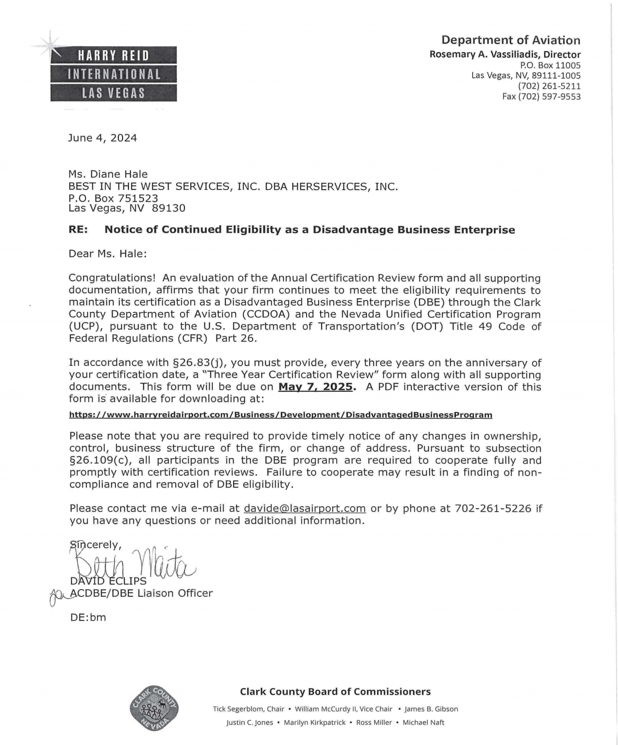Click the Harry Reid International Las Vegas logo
pyautogui.click(x=113, y=74)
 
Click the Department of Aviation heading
pyautogui.click(x=510, y=40)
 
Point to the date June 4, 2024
pyautogui.click(x=102, y=138)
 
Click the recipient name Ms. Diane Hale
pyautogui.click(x=108, y=174)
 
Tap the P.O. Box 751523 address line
pyautogui.click(x=113, y=198)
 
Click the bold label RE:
pyautogui.click(x=78, y=230)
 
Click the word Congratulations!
pyautogui.click(x=112, y=278)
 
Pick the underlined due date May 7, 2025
pyautogui.click(x=316, y=387)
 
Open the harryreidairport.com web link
pyautogui.click(x=281, y=415)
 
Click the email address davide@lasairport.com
pyautogui.click(x=305, y=509)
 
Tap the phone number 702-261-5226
pyautogui.click(x=493, y=509)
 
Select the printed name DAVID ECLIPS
pyautogui.click(x=108, y=581)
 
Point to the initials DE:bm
pyautogui.click(x=88, y=618)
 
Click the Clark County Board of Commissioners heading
pyautogui.click(x=335, y=692)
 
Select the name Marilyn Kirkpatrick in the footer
pyautogui.click(x=314, y=723)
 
